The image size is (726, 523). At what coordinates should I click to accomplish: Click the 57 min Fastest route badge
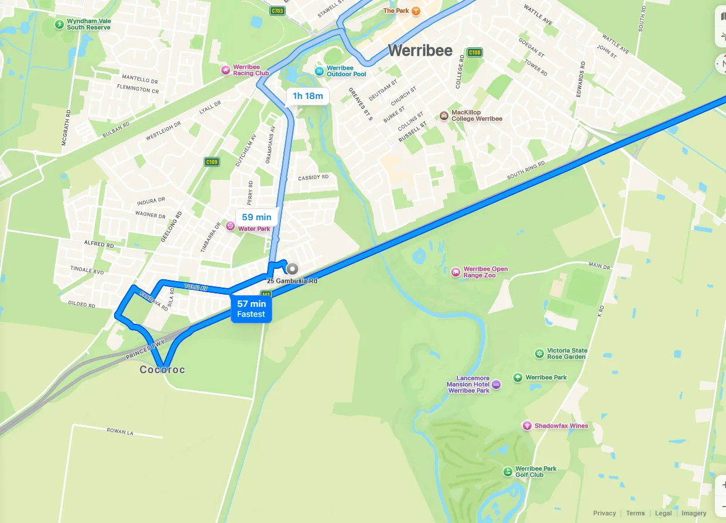point(251,309)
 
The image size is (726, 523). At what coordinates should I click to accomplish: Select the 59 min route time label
point(256,217)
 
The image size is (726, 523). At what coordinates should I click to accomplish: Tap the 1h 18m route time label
point(307,96)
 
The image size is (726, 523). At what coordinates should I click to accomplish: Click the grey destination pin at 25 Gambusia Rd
point(292,269)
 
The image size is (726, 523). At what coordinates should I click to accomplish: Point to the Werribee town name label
point(420,50)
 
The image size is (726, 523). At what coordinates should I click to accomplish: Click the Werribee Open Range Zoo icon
point(456,272)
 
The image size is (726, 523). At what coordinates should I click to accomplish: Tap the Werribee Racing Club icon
point(225,70)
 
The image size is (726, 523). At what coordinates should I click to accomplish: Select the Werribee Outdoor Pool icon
point(319,71)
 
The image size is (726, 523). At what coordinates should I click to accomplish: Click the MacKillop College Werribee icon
point(444,115)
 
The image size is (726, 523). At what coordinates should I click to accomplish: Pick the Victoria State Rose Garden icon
point(539,353)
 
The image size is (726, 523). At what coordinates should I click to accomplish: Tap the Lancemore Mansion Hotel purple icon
point(496,384)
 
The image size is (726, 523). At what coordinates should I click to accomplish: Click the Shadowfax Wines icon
point(527,425)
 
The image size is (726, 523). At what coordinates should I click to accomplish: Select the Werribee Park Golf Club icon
point(508,471)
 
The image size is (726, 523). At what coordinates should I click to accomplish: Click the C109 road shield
point(212,162)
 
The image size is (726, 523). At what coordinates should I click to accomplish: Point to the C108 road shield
point(474,53)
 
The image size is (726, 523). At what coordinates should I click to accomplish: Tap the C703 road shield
point(278,11)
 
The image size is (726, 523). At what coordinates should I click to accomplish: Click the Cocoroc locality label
point(162,370)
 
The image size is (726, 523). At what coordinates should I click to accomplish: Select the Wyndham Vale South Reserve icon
point(59,24)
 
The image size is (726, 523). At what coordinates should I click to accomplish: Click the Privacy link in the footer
point(604,513)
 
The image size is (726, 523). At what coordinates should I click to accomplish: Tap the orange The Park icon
point(416,11)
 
